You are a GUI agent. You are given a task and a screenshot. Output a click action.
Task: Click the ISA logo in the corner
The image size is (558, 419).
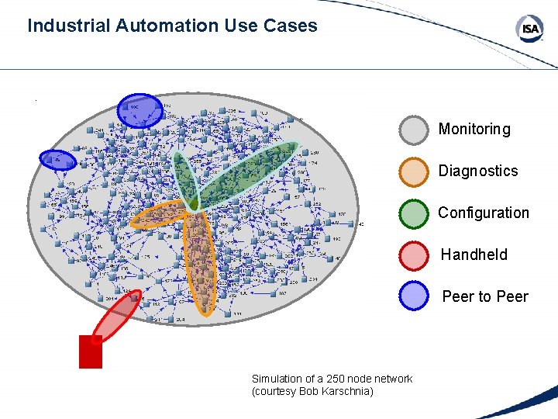(530, 29)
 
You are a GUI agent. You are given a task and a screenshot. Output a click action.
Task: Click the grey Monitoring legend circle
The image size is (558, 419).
(414, 130)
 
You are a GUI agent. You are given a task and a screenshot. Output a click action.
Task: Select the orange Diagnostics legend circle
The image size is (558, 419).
(414, 172)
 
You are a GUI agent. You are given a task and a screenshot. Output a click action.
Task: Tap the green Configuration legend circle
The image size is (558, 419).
(414, 213)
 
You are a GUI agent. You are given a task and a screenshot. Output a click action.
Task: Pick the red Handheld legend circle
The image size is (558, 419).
(414, 255)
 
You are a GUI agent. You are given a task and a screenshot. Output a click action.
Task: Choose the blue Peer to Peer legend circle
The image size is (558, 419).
(414, 296)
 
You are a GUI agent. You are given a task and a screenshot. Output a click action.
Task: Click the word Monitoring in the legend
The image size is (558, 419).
(474, 130)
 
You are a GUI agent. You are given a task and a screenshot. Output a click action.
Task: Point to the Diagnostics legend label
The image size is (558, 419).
(478, 171)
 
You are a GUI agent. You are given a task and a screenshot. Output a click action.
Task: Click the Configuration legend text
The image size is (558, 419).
(484, 213)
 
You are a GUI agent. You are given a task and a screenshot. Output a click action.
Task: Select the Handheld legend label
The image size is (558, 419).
(474, 255)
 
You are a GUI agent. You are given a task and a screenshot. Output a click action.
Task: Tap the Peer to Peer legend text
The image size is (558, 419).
(485, 296)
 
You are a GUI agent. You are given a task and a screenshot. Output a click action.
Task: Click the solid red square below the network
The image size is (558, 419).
(91, 351)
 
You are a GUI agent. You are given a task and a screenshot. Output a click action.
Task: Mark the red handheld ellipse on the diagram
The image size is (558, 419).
(116, 317)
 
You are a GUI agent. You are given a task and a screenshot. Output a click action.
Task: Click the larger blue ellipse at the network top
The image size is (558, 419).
(139, 109)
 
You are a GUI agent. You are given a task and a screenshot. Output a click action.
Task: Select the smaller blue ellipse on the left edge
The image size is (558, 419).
(58, 159)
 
